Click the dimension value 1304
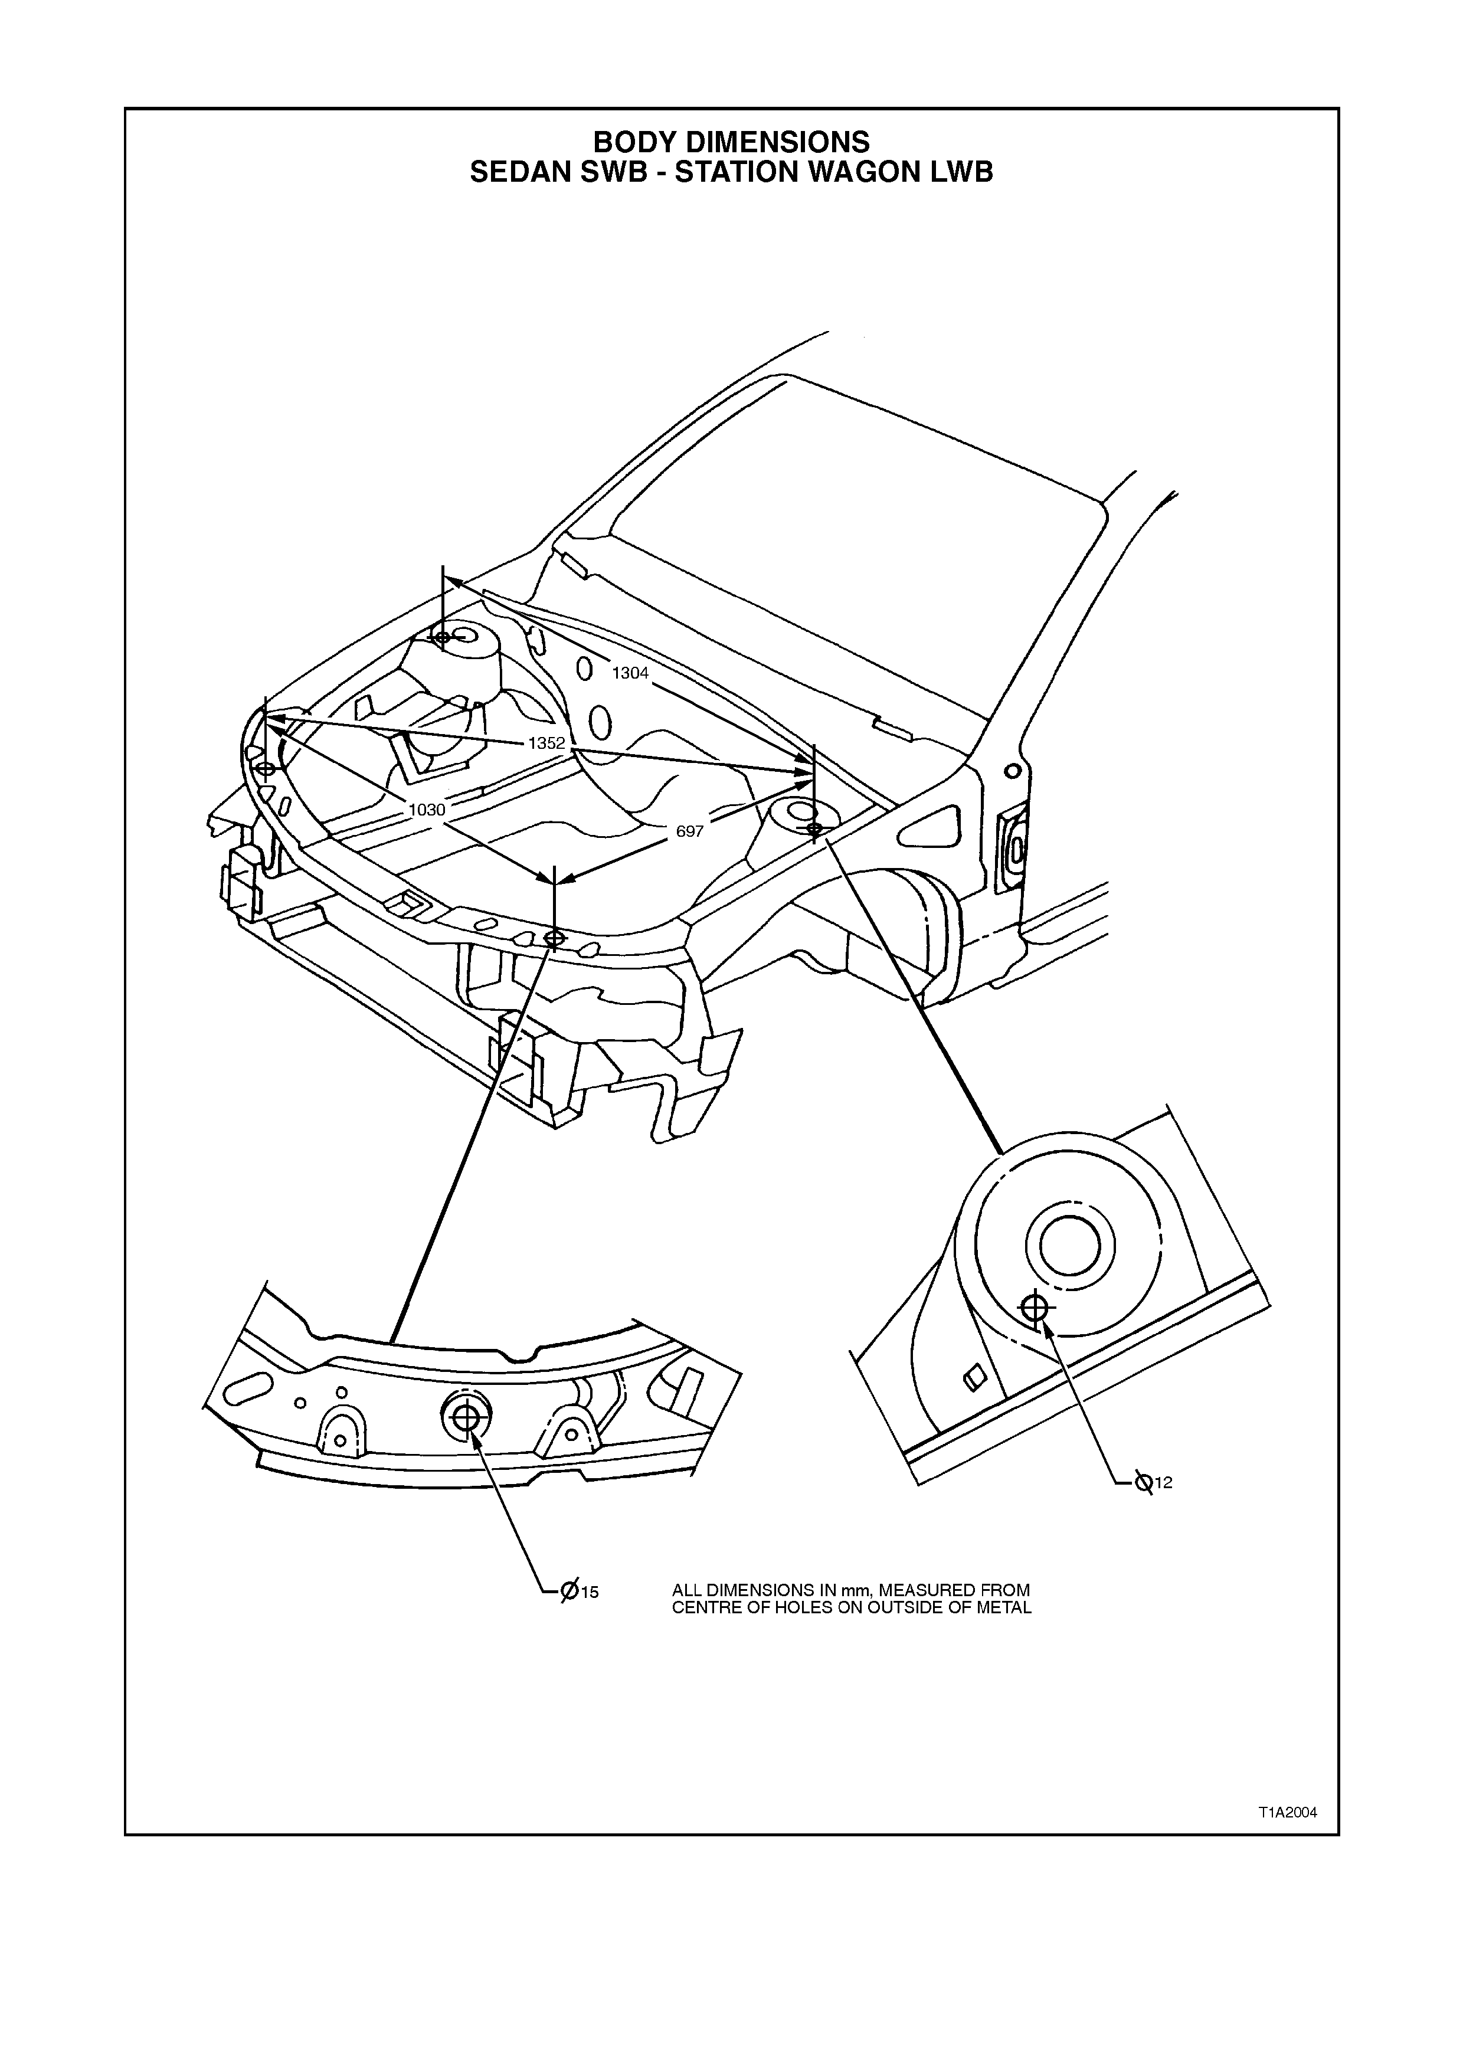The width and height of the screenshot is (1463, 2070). tap(630, 673)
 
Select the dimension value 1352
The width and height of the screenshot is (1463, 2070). tap(546, 744)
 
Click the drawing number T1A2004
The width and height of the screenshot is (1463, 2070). tap(1288, 1813)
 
